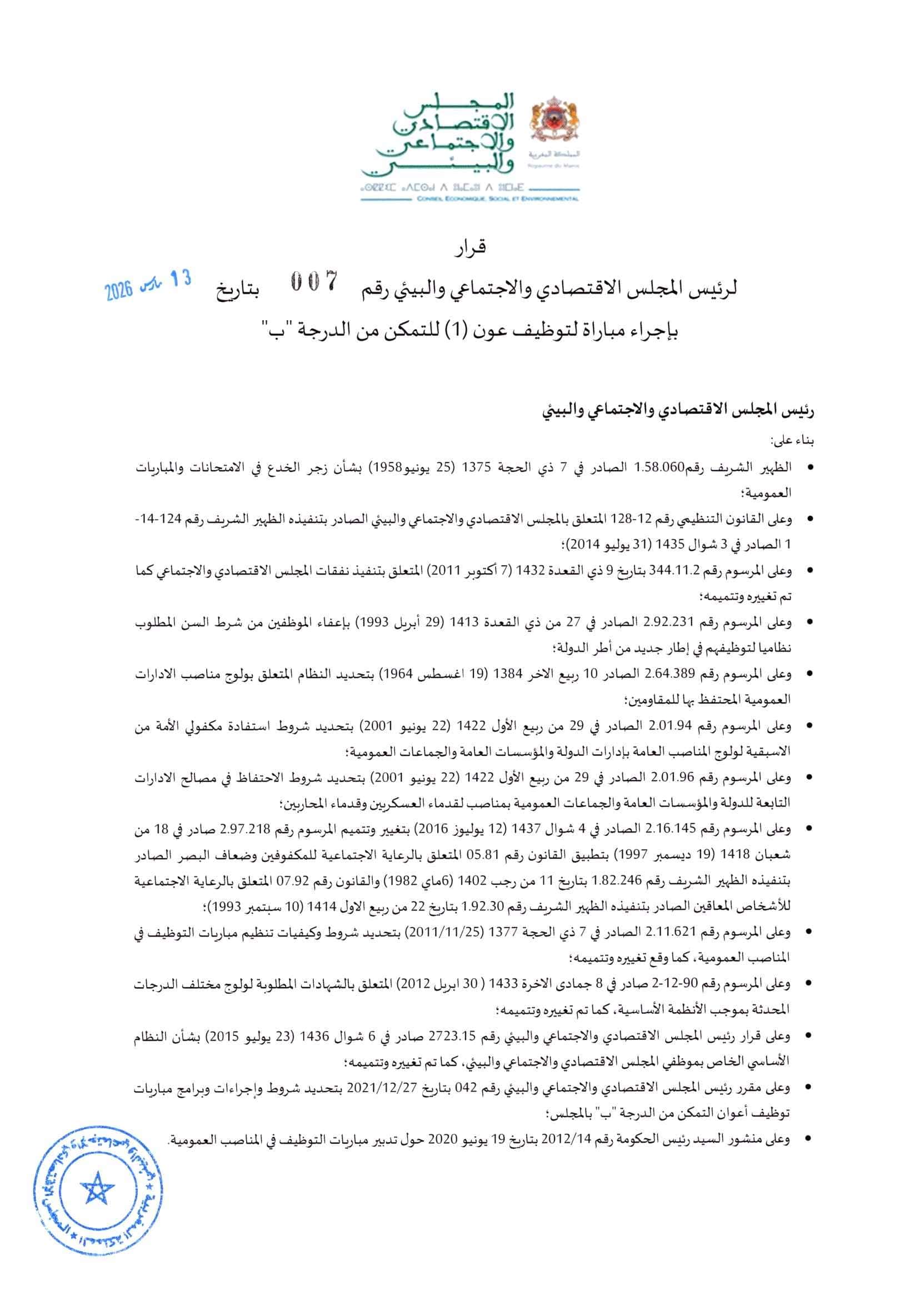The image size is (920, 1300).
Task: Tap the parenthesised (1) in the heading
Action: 475,330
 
